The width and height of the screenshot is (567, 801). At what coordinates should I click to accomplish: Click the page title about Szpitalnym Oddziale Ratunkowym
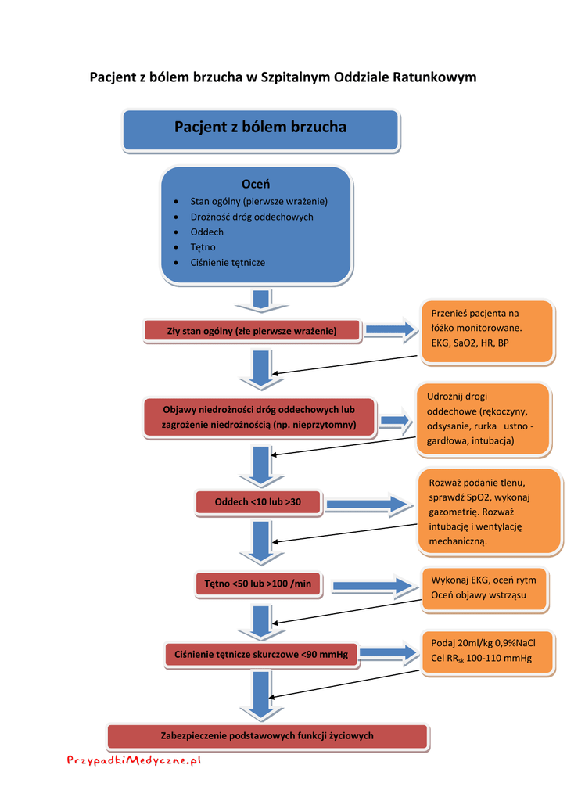click(x=283, y=77)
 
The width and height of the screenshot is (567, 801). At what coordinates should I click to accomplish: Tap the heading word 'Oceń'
click(x=255, y=185)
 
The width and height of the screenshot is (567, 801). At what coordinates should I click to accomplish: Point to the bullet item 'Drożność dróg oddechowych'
click(x=251, y=217)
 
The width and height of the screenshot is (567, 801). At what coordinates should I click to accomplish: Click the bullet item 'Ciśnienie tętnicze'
click(x=228, y=262)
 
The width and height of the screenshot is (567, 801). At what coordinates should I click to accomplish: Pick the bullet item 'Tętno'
click(x=203, y=247)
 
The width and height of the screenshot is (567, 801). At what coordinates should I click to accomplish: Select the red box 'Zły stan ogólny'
click(x=252, y=331)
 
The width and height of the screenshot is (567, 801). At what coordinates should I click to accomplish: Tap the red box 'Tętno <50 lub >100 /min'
click(x=257, y=584)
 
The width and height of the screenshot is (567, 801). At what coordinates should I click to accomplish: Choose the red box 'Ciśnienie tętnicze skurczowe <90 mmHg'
click(x=261, y=653)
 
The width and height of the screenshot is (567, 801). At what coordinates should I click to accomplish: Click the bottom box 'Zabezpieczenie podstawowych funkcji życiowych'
click(x=267, y=736)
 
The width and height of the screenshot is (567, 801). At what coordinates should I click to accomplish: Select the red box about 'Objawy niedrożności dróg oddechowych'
click(x=259, y=417)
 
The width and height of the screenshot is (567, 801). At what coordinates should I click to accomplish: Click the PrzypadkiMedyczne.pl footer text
click(x=135, y=759)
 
